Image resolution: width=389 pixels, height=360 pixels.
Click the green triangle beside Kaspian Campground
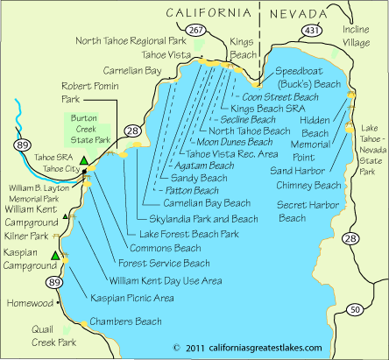55,256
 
